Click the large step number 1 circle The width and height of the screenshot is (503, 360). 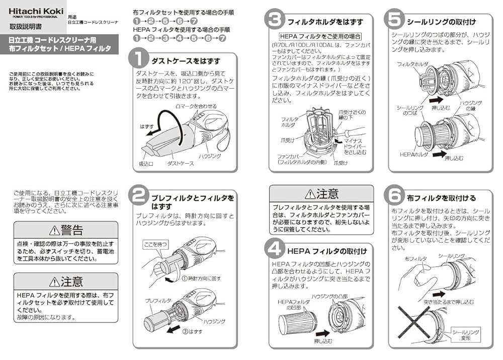[x=138, y=57]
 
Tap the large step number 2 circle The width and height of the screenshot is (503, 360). [x=138, y=196]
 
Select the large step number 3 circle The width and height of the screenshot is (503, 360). [x=275, y=20]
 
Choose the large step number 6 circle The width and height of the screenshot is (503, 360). [x=393, y=196]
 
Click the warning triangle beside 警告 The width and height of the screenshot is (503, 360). [x=54, y=230]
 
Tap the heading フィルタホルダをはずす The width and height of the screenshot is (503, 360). [x=317, y=22]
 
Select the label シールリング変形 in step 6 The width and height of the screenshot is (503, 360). [x=465, y=335]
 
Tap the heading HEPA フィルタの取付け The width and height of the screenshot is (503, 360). [x=327, y=251]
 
